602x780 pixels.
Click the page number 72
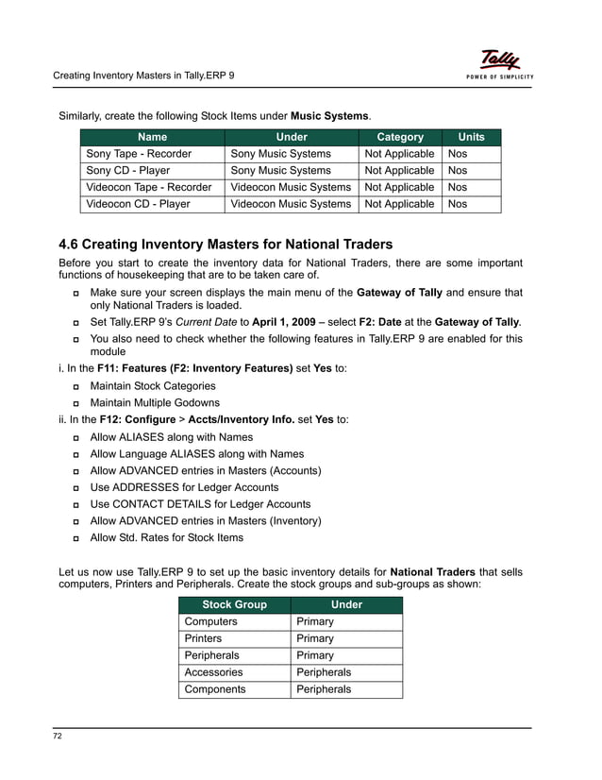click(58, 736)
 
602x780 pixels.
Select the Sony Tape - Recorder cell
click(139, 153)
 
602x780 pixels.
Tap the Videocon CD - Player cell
click(138, 204)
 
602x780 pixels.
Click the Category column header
click(400, 137)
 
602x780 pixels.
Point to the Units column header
click(471, 137)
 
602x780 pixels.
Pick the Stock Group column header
click(234, 604)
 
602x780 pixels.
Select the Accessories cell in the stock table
click(213, 672)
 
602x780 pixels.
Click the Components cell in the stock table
click(215, 689)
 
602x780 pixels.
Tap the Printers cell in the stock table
click(206, 638)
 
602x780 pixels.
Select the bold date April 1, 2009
click(288, 322)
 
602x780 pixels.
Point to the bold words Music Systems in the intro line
click(328, 116)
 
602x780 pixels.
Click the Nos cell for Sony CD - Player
click(458, 170)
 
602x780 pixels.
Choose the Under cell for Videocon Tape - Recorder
click(291, 187)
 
